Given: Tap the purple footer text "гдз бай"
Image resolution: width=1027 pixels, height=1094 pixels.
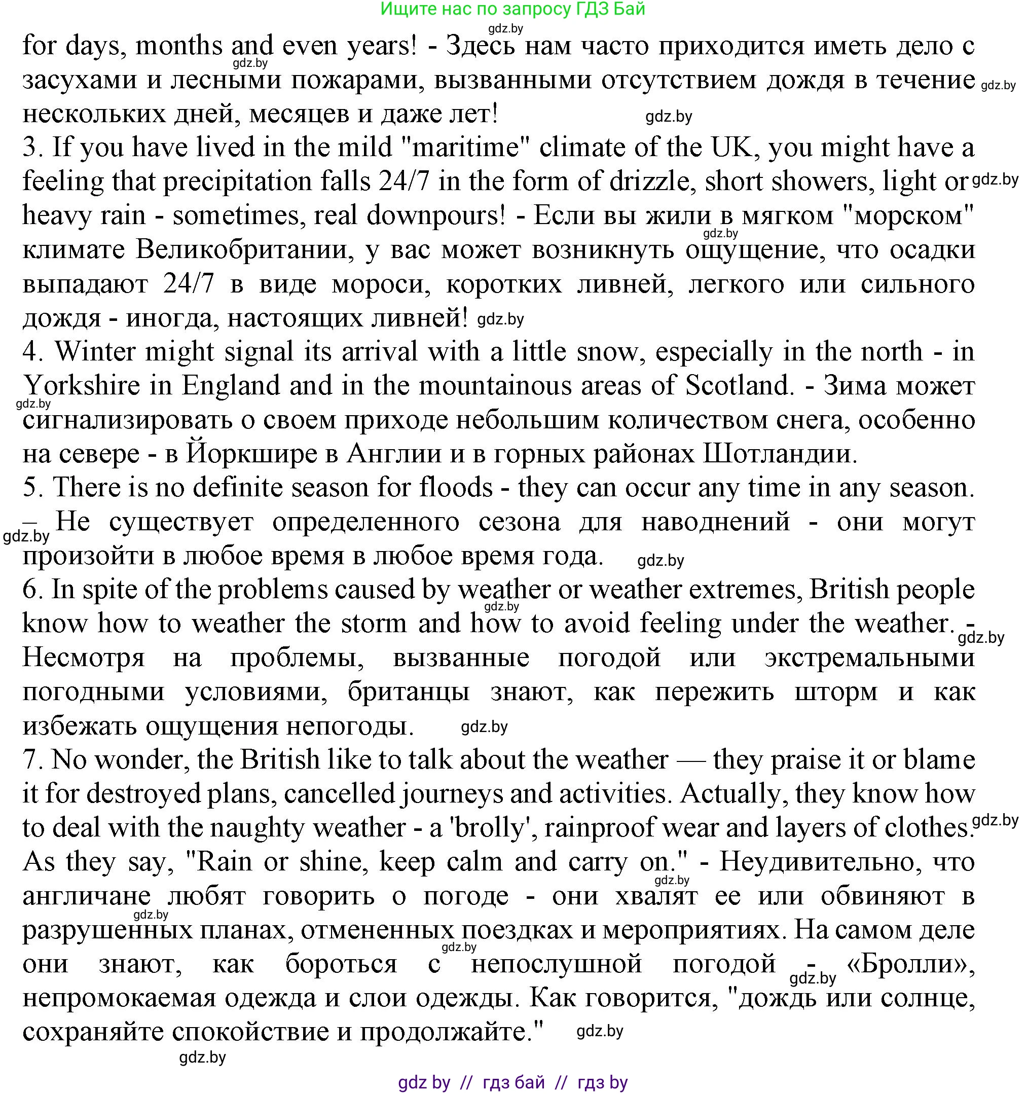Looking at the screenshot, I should (513, 1082).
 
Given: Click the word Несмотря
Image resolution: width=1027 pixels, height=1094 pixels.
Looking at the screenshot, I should (83, 658).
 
